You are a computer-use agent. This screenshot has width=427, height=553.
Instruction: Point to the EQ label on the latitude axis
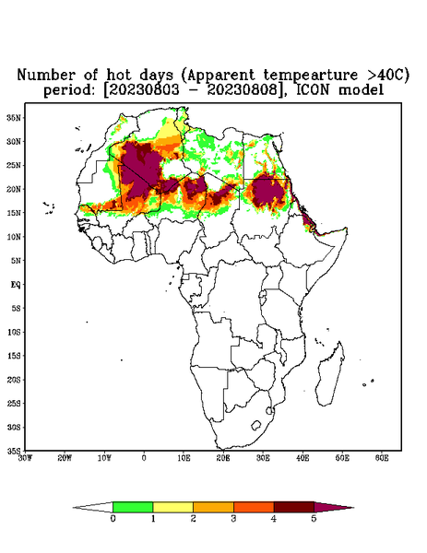click(16, 285)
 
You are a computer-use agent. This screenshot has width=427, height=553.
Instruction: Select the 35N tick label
click(14, 118)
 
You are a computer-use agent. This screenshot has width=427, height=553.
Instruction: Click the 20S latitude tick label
click(14, 380)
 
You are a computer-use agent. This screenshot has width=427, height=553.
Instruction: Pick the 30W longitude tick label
click(25, 458)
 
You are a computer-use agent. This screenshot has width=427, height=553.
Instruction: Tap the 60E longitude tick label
click(382, 458)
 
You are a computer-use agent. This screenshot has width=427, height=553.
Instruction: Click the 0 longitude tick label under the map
click(144, 458)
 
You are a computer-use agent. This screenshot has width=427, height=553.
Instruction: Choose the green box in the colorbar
click(133, 507)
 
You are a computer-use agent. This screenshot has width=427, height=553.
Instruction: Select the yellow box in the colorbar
click(172, 507)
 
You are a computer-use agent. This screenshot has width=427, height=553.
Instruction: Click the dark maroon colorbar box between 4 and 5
click(294, 507)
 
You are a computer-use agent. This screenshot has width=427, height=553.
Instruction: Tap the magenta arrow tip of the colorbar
click(353, 508)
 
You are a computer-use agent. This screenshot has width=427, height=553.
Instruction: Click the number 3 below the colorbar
click(233, 519)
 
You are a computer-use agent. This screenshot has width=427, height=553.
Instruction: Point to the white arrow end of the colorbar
click(74, 508)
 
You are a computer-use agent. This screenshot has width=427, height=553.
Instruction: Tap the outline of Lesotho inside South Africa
click(256, 425)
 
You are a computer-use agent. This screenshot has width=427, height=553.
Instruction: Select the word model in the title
click(361, 90)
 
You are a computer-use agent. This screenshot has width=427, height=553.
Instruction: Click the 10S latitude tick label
click(14, 332)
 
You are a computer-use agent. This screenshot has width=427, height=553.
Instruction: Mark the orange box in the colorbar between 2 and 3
click(213, 507)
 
